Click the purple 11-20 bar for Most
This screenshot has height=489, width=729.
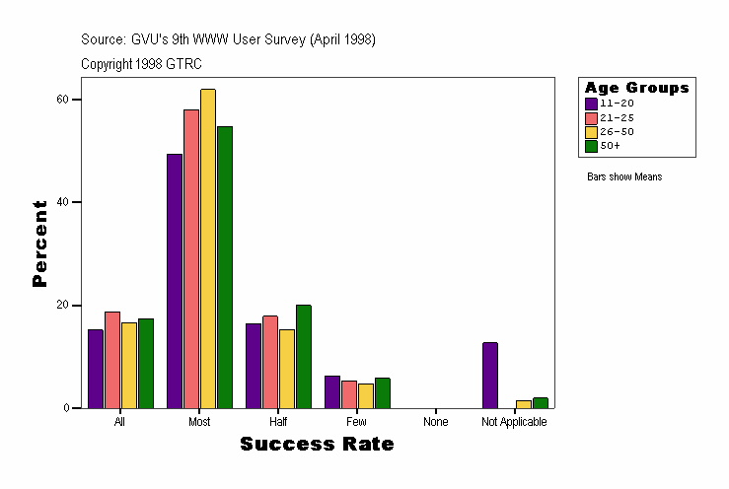point(175,281)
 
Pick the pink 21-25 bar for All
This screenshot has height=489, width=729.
point(112,360)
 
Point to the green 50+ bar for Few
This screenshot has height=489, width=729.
point(383,392)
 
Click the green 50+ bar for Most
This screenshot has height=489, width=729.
point(225,267)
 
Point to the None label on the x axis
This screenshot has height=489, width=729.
point(435,422)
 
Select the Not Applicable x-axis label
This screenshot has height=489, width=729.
point(514,422)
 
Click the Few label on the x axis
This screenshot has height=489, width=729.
point(357,422)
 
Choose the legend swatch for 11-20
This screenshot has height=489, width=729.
point(591,103)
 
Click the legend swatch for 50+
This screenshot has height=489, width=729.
point(591,146)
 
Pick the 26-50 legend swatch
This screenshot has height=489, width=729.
point(591,131)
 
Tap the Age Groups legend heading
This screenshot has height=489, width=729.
point(636,88)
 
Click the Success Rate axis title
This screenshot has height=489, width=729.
point(317,445)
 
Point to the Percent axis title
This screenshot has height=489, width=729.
point(39,244)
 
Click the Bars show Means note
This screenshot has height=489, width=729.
point(624,177)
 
